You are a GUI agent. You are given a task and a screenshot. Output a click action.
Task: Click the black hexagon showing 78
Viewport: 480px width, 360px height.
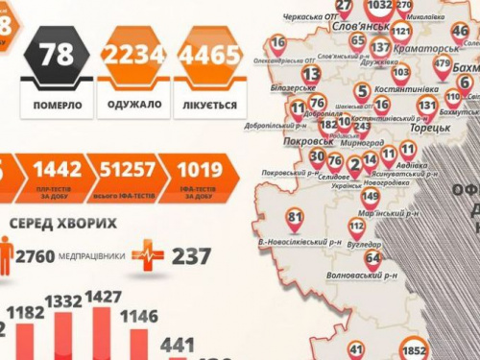57,55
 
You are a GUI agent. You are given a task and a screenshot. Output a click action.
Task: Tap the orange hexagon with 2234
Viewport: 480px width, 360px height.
134,56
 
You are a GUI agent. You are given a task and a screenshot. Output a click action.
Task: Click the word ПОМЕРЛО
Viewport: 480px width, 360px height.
58,104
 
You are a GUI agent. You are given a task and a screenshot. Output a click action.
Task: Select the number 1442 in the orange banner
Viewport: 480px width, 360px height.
58,170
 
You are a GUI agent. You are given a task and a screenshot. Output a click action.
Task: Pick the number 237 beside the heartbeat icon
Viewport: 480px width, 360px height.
193,255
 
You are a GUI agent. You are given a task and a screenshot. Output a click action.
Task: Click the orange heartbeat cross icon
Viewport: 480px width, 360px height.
148,254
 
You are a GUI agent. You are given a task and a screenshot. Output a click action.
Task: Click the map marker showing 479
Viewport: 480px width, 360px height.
442,66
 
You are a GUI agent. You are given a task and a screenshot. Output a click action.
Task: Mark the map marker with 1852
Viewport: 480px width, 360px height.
415,349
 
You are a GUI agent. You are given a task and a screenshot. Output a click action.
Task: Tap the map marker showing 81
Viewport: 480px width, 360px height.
295,218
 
